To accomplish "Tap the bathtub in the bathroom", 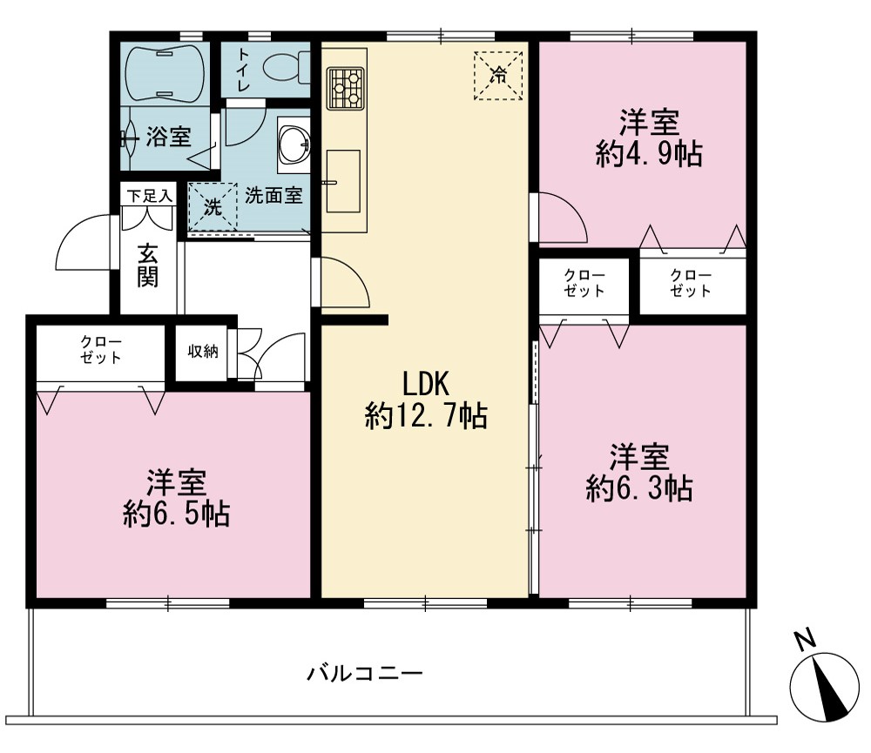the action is tap(165, 73).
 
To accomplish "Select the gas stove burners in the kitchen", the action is tap(345, 88).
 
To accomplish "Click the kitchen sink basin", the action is tap(342, 181).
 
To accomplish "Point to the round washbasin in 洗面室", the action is tap(294, 145).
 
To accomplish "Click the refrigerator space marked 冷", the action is tap(498, 76).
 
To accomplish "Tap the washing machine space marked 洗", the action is tap(213, 207).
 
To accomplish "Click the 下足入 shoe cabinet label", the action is tap(149, 196).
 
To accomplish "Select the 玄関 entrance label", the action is tap(148, 266).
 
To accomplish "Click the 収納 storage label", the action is tap(203, 351).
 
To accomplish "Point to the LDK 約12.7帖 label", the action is tap(426, 400).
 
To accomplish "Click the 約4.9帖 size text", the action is tap(649, 154).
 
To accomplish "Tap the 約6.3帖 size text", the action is tap(639, 488).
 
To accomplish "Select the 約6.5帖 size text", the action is tap(177, 514).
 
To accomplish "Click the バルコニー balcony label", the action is tap(365, 674).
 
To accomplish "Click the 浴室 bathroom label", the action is tap(168, 137).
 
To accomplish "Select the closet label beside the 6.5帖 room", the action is tap(100, 350).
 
